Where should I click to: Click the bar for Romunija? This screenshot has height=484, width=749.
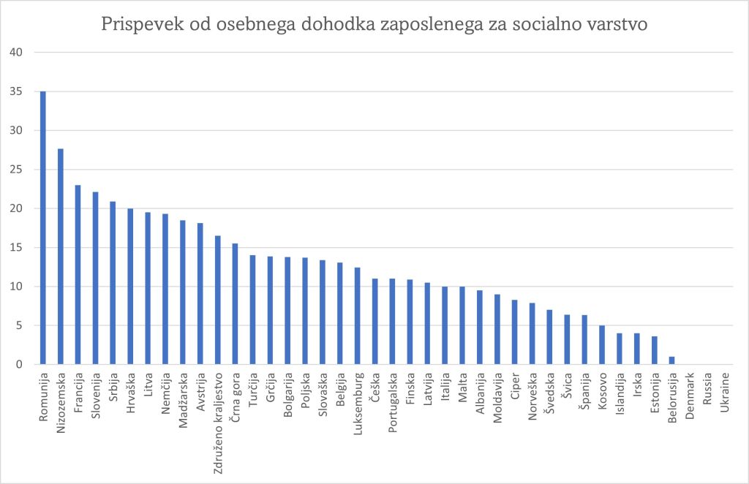[x=42, y=227]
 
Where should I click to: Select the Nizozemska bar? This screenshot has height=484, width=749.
[x=60, y=257]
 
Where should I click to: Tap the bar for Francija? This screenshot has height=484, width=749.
[x=78, y=274]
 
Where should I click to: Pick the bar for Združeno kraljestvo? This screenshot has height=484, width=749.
[x=217, y=300]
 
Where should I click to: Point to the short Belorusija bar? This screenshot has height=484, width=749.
[x=672, y=360]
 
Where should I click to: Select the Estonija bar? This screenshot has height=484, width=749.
[x=655, y=350]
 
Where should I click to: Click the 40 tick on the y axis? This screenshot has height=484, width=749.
[x=17, y=53]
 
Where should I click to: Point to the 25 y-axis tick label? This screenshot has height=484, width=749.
[x=17, y=170]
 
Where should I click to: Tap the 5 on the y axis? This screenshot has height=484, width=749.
[x=20, y=325]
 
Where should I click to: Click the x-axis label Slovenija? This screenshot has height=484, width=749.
[x=95, y=396]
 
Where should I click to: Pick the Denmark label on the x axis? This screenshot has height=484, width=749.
[x=690, y=395]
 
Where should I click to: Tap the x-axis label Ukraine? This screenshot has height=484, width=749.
[x=725, y=393]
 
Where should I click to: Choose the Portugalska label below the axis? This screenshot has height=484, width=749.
[x=392, y=402]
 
